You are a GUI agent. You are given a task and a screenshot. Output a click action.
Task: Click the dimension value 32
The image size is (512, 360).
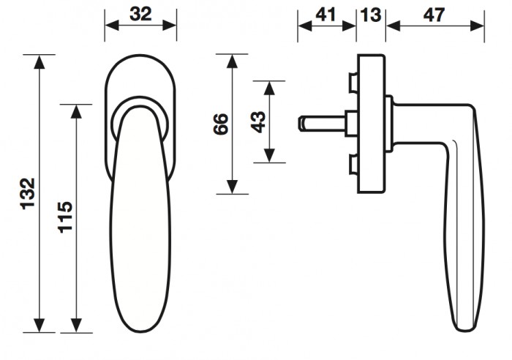click(x=140, y=15)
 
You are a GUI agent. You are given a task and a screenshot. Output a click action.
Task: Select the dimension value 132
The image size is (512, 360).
click(x=28, y=193)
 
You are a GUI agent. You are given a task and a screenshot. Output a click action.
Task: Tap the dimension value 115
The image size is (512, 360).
click(x=65, y=217)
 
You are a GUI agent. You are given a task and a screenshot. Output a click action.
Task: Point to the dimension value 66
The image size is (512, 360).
click(x=220, y=124)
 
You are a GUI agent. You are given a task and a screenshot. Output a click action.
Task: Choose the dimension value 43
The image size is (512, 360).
click(x=258, y=122)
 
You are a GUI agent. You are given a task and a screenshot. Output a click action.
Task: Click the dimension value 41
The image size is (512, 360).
click(x=325, y=15)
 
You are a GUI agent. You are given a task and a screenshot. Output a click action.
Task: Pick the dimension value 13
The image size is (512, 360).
click(x=371, y=15)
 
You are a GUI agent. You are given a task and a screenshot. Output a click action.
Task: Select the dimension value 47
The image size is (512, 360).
click(x=434, y=15)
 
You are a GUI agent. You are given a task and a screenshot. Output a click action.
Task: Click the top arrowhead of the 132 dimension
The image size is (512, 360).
click(x=39, y=61)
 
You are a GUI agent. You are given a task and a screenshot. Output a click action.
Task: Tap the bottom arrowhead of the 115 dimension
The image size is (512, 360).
click(x=76, y=326)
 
